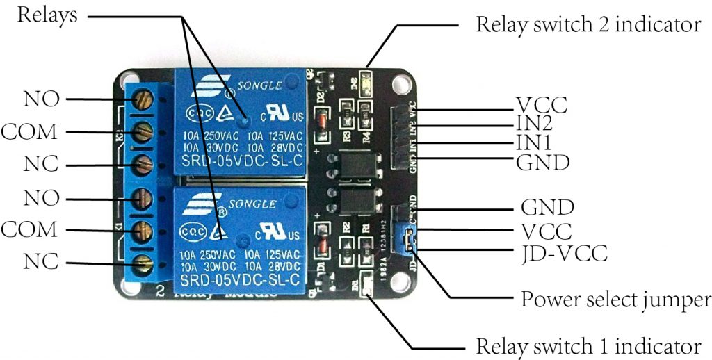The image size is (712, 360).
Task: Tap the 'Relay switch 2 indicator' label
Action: tap(588, 26)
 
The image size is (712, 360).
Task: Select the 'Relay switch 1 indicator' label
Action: tap(588, 346)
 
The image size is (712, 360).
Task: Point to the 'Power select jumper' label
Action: tap(616, 300)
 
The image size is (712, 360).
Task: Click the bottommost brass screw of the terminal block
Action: tap(143, 263)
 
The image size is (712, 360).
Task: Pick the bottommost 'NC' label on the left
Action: tap(40, 263)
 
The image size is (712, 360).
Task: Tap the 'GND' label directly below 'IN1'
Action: tap(543, 163)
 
